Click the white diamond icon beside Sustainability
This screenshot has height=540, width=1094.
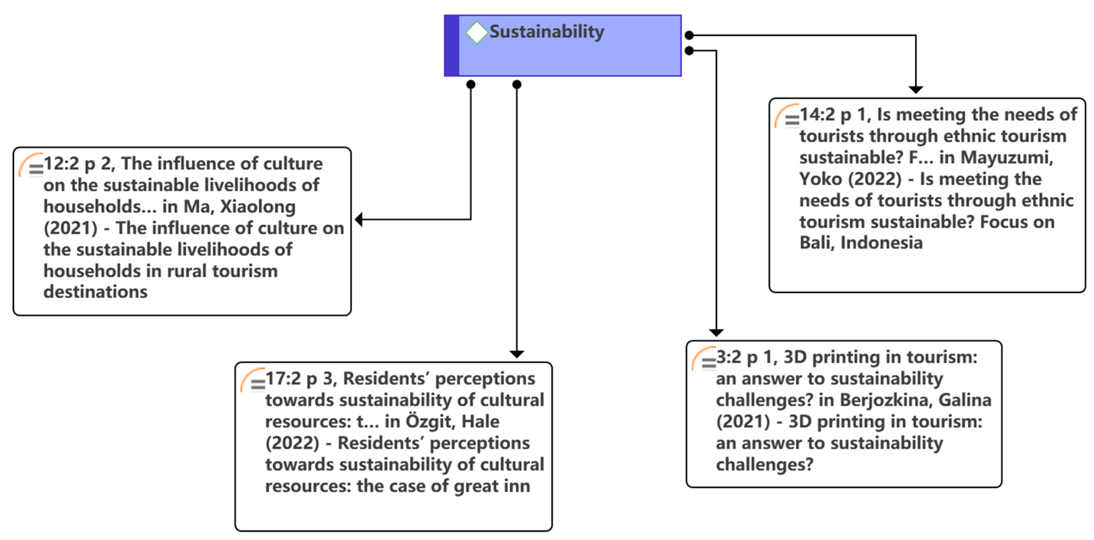point(476,32)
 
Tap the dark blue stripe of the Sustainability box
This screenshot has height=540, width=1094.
point(452,46)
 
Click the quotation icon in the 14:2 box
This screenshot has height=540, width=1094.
point(787,117)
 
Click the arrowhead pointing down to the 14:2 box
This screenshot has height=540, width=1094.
point(915,89)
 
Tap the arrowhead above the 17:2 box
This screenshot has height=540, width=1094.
point(516,354)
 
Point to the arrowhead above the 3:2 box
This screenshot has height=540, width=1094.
point(716,332)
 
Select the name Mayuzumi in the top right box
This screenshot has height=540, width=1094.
point(1007,158)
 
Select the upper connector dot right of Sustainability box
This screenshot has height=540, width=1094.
point(689,35)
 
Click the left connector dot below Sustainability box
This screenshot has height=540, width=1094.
point(470,85)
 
